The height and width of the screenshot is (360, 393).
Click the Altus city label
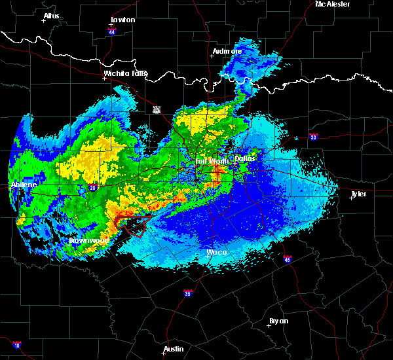coord(51,16)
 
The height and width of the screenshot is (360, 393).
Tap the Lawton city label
coord(122,20)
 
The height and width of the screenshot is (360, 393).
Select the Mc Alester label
coord(333,4)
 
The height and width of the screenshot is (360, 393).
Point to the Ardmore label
coord(227,51)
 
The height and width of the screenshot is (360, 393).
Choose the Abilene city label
coord(24,185)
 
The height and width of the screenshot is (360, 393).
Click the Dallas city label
coord(246,158)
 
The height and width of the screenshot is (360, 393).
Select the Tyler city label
coord(358,194)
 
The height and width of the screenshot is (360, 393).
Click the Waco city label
coord(216,252)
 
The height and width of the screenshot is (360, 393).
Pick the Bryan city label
coord(278,321)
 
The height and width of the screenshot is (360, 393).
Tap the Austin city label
coord(174,349)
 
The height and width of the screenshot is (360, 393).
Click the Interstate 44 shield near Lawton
coord(112,31)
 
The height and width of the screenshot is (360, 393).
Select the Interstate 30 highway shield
coord(313,137)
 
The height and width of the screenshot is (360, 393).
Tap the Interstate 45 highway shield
coord(287,259)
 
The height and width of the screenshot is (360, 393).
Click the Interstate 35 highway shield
coord(187,292)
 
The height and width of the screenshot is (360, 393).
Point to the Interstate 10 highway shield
coord(16,345)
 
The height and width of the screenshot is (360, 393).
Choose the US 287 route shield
coord(157,109)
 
